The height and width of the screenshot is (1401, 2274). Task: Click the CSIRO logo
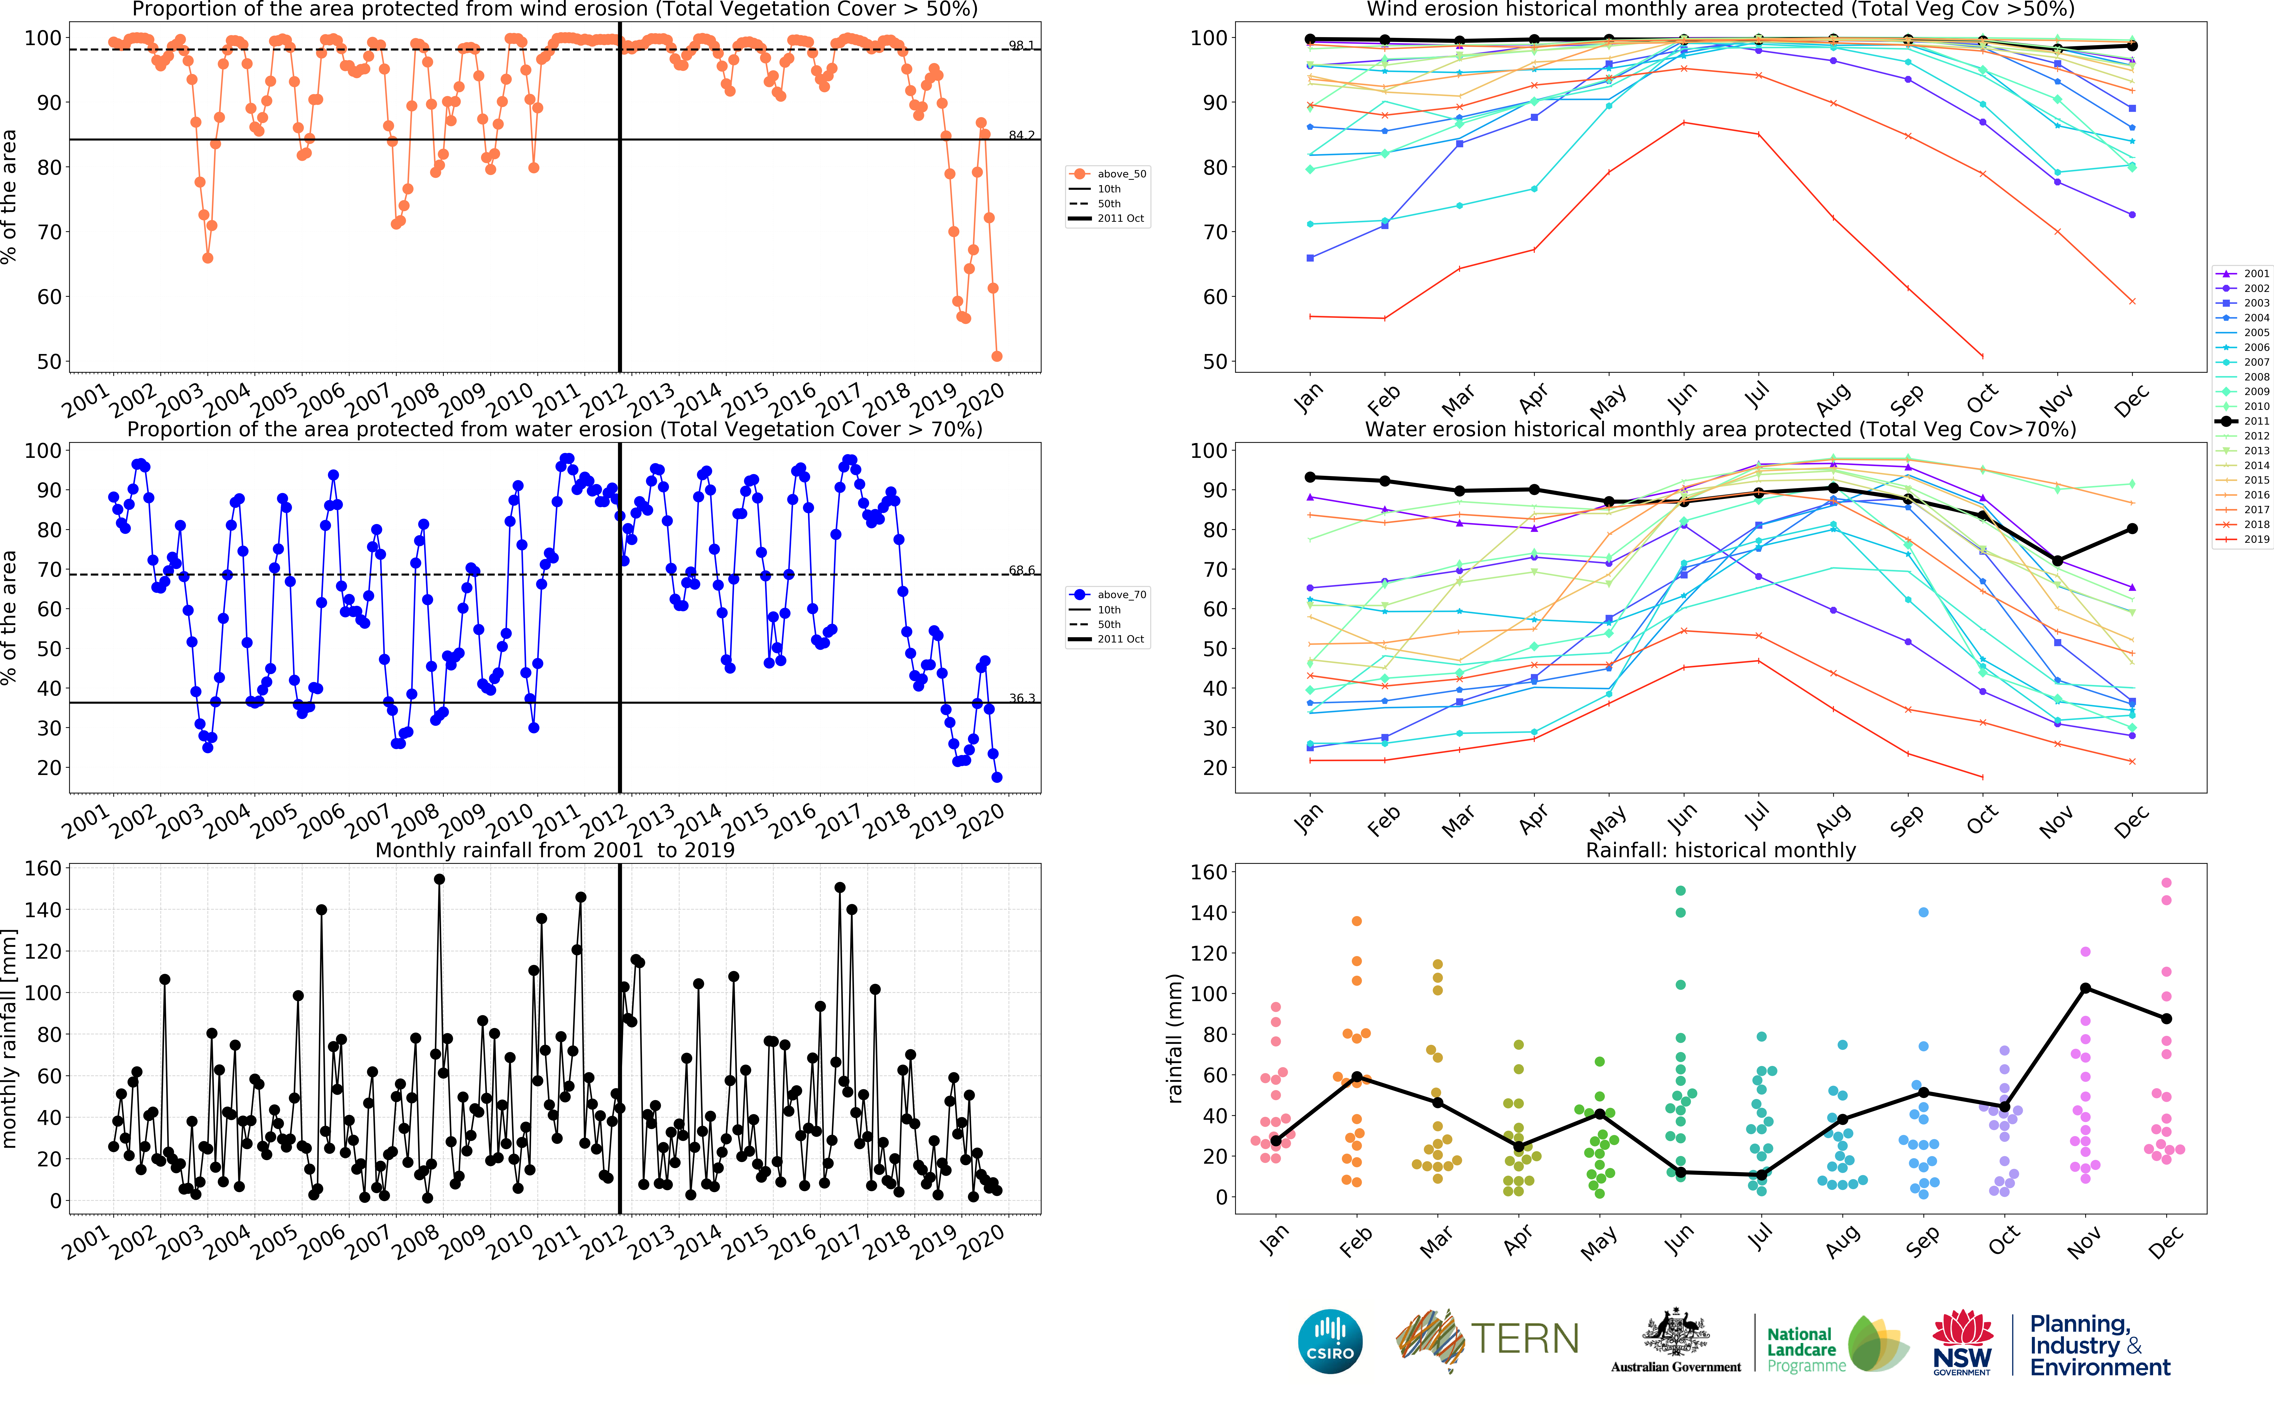tap(1330, 1341)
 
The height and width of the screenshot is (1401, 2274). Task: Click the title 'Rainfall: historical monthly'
tap(1720, 850)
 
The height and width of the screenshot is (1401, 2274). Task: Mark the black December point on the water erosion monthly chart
tap(2131, 529)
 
